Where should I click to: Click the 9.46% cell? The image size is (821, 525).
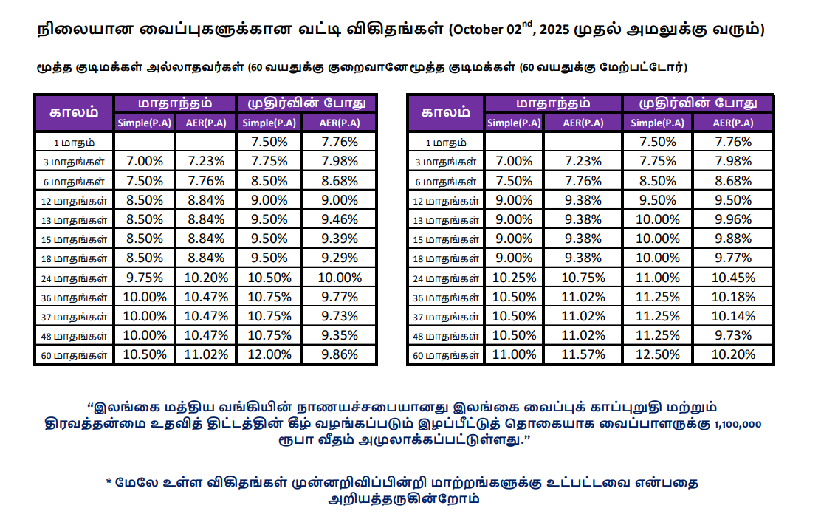pos(340,219)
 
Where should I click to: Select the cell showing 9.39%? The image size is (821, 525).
pos(340,239)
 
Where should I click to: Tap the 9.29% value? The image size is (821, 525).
pos(340,258)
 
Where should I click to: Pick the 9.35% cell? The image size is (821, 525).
pos(340,335)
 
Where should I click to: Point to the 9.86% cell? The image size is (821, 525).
pos(340,354)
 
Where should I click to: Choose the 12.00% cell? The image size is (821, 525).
pos(269,354)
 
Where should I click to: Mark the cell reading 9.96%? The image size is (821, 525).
pos(733,219)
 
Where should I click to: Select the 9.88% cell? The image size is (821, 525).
pos(733,239)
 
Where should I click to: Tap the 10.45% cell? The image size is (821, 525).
pos(733,278)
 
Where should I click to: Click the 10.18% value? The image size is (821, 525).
pos(733,297)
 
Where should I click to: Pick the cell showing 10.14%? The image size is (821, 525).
pos(733,316)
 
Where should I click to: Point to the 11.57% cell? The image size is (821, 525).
pos(584,354)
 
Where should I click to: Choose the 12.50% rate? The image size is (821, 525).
pos(657,354)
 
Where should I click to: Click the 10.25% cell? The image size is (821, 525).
pos(514,278)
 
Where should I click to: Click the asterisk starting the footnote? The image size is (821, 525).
pos(109,483)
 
